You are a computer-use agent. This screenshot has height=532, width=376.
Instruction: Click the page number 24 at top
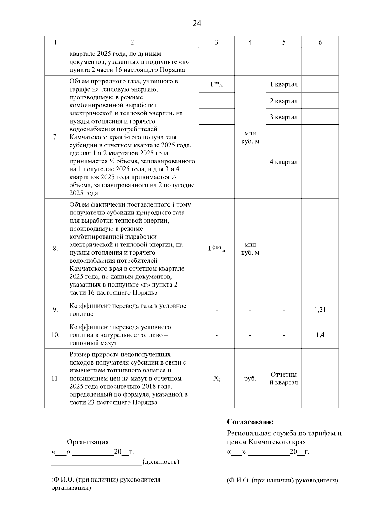click(197, 24)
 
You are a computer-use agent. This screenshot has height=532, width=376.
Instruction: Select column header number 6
click(320, 42)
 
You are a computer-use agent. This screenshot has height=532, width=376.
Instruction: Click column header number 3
click(217, 42)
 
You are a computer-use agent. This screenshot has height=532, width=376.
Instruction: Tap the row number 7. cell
click(55, 137)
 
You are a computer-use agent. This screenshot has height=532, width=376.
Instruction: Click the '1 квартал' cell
click(284, 84)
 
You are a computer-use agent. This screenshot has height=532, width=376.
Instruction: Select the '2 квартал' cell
click(284, 101)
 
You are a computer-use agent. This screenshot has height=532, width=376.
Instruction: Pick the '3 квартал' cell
click(284, 117)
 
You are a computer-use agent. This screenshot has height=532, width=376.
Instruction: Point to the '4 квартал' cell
click(284, 162)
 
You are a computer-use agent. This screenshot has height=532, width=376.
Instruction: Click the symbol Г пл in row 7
click(217, 84)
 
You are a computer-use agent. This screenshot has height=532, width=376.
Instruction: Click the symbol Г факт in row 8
click(217, 249)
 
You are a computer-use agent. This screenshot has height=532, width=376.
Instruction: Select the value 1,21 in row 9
click(320, 310)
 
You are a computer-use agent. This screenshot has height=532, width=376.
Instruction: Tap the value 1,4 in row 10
click(320, 335)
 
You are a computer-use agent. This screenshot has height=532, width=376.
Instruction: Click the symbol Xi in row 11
click(217, 379)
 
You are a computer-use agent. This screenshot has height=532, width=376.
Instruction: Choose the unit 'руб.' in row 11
click(250, 379)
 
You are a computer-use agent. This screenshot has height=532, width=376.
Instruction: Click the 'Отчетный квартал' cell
click(284, 378)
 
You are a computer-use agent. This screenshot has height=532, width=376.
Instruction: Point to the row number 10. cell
click(55, 335)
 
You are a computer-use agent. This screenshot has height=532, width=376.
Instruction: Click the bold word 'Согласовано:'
click(250, 422)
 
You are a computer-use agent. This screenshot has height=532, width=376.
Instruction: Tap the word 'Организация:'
click(89, 442)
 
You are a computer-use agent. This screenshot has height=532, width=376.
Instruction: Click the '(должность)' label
click(160, 461)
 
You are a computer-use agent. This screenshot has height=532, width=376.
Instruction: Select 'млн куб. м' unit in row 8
click(250, 249)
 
